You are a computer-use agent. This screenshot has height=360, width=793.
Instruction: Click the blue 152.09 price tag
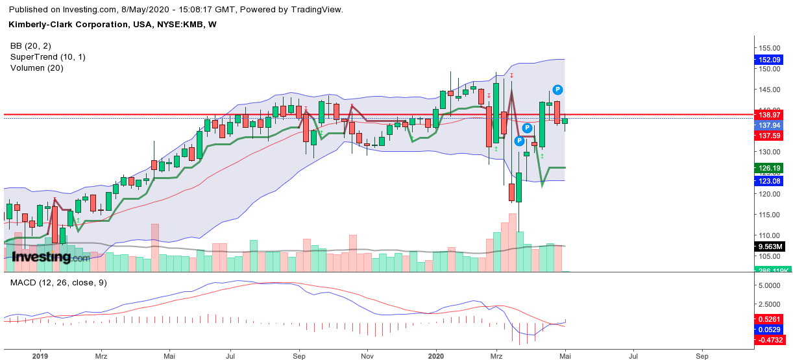coord(772,60)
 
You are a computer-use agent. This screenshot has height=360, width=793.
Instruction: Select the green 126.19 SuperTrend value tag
coord(772,167)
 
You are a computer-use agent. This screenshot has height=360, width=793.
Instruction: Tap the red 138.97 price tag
coord(772,114)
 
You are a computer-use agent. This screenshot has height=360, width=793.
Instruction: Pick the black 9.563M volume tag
coord(772,246)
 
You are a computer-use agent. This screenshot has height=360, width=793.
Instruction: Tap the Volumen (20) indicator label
coord(36,68)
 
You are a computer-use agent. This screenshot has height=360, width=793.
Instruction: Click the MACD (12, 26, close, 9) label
coord(58,283)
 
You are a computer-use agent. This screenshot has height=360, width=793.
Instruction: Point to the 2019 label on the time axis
coord(41,357)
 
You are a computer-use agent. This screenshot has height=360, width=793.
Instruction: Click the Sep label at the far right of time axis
coord(701,357)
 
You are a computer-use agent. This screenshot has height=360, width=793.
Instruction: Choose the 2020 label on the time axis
coord(436,357)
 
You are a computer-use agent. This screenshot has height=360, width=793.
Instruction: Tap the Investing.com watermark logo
coord(51,258)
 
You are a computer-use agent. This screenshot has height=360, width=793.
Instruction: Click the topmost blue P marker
coord(557,90)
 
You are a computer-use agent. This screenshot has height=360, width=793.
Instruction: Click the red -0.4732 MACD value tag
coord(772,339)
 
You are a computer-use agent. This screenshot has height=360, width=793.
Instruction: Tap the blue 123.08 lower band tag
coord(772,181)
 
